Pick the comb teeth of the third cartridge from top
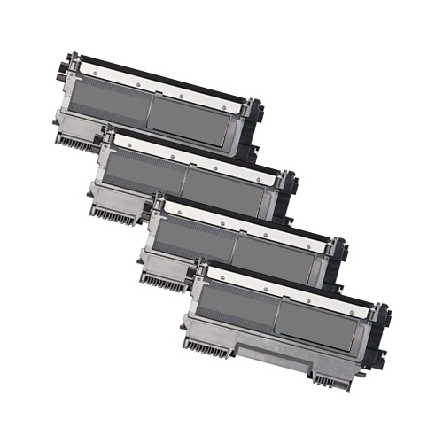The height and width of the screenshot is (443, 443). click(x=163, y=282)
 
